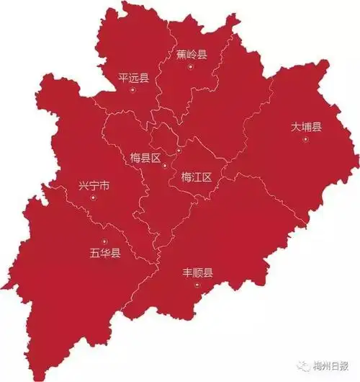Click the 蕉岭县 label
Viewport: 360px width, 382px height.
[192, 54]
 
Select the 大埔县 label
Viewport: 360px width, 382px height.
[306, 127]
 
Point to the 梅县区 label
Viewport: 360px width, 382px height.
[145, 158]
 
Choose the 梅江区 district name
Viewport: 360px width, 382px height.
[197, 177]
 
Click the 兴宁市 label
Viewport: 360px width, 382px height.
[94, 186]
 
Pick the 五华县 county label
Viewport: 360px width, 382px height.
[105, 253]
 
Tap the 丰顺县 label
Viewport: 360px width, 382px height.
[198, 273]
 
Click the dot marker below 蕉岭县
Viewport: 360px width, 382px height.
[191, 67]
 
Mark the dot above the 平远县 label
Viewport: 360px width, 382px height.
[135, 67]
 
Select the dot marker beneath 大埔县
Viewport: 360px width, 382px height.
[306, 140]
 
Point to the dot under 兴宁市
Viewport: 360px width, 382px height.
[93, 198]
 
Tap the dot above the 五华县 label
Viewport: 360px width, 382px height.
[104, 241]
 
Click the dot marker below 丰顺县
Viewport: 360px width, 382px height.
[197, 285]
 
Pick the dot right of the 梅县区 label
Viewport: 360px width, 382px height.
[165, 166]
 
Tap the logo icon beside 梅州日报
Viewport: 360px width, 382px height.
[307, 365]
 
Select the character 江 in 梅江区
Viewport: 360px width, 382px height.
[197, 177]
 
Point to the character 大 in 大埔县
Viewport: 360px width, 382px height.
[295, 127]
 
